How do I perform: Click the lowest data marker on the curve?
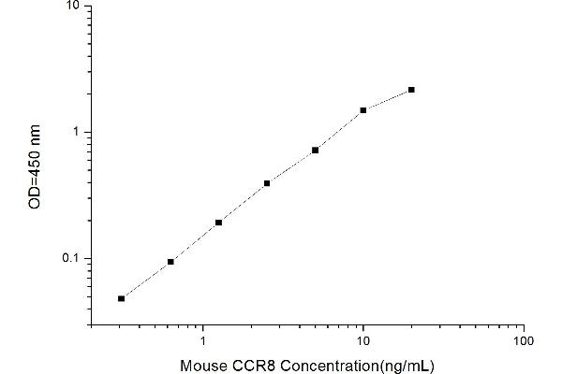tap(121, 298)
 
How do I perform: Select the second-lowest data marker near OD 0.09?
tap(170, 262)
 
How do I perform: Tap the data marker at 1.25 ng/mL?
tap(218, 223)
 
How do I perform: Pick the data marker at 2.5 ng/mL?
tap(267, 183)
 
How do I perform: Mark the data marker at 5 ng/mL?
tap(316, 150)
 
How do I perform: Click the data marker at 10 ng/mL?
tap(363, 110)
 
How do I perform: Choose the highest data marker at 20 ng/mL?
tap(411, 90)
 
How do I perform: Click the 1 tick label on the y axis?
tap(77, 132)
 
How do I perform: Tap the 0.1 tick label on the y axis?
tap(71, 259)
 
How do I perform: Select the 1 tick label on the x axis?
tap(203, 340)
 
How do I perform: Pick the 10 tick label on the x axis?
tap(363, 340)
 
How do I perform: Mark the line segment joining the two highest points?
tap(388, 100)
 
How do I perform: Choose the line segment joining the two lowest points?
tap(146, 280)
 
